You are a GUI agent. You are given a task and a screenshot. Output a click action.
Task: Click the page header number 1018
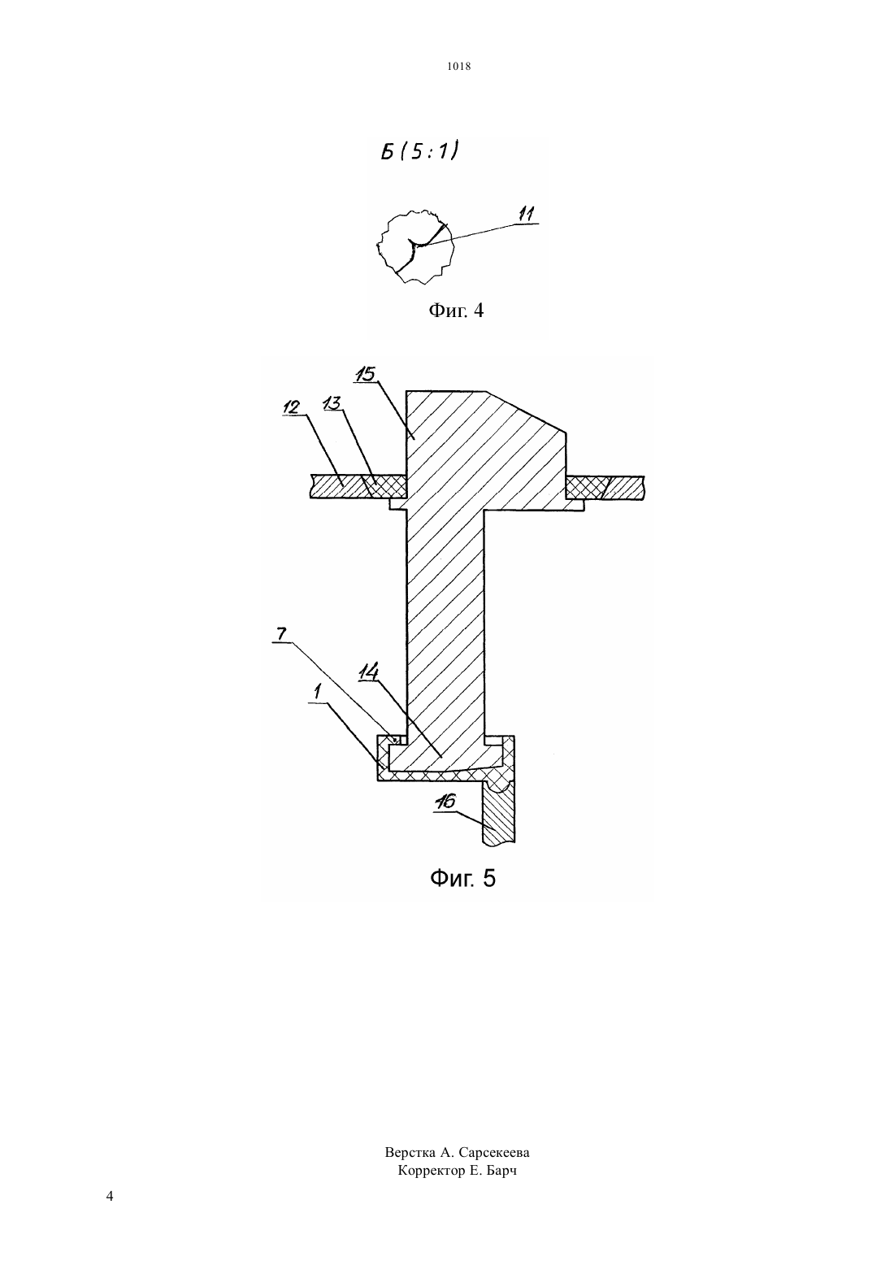coord(459,67)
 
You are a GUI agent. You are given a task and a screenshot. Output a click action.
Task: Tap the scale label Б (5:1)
coord(419,151)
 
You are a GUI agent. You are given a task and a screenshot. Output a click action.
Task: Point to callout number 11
coord(526,215)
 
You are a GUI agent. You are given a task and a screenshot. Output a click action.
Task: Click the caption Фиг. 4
coord(456,310)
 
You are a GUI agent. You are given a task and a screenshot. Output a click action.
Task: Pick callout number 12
coord(291,407)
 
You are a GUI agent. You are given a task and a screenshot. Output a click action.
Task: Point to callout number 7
coord(280,634)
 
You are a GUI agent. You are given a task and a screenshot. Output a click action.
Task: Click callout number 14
coord(367,672)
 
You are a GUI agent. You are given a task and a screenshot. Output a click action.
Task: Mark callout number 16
coord(445,802)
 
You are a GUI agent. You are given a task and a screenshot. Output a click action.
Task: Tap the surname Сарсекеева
coord(494,1152)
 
